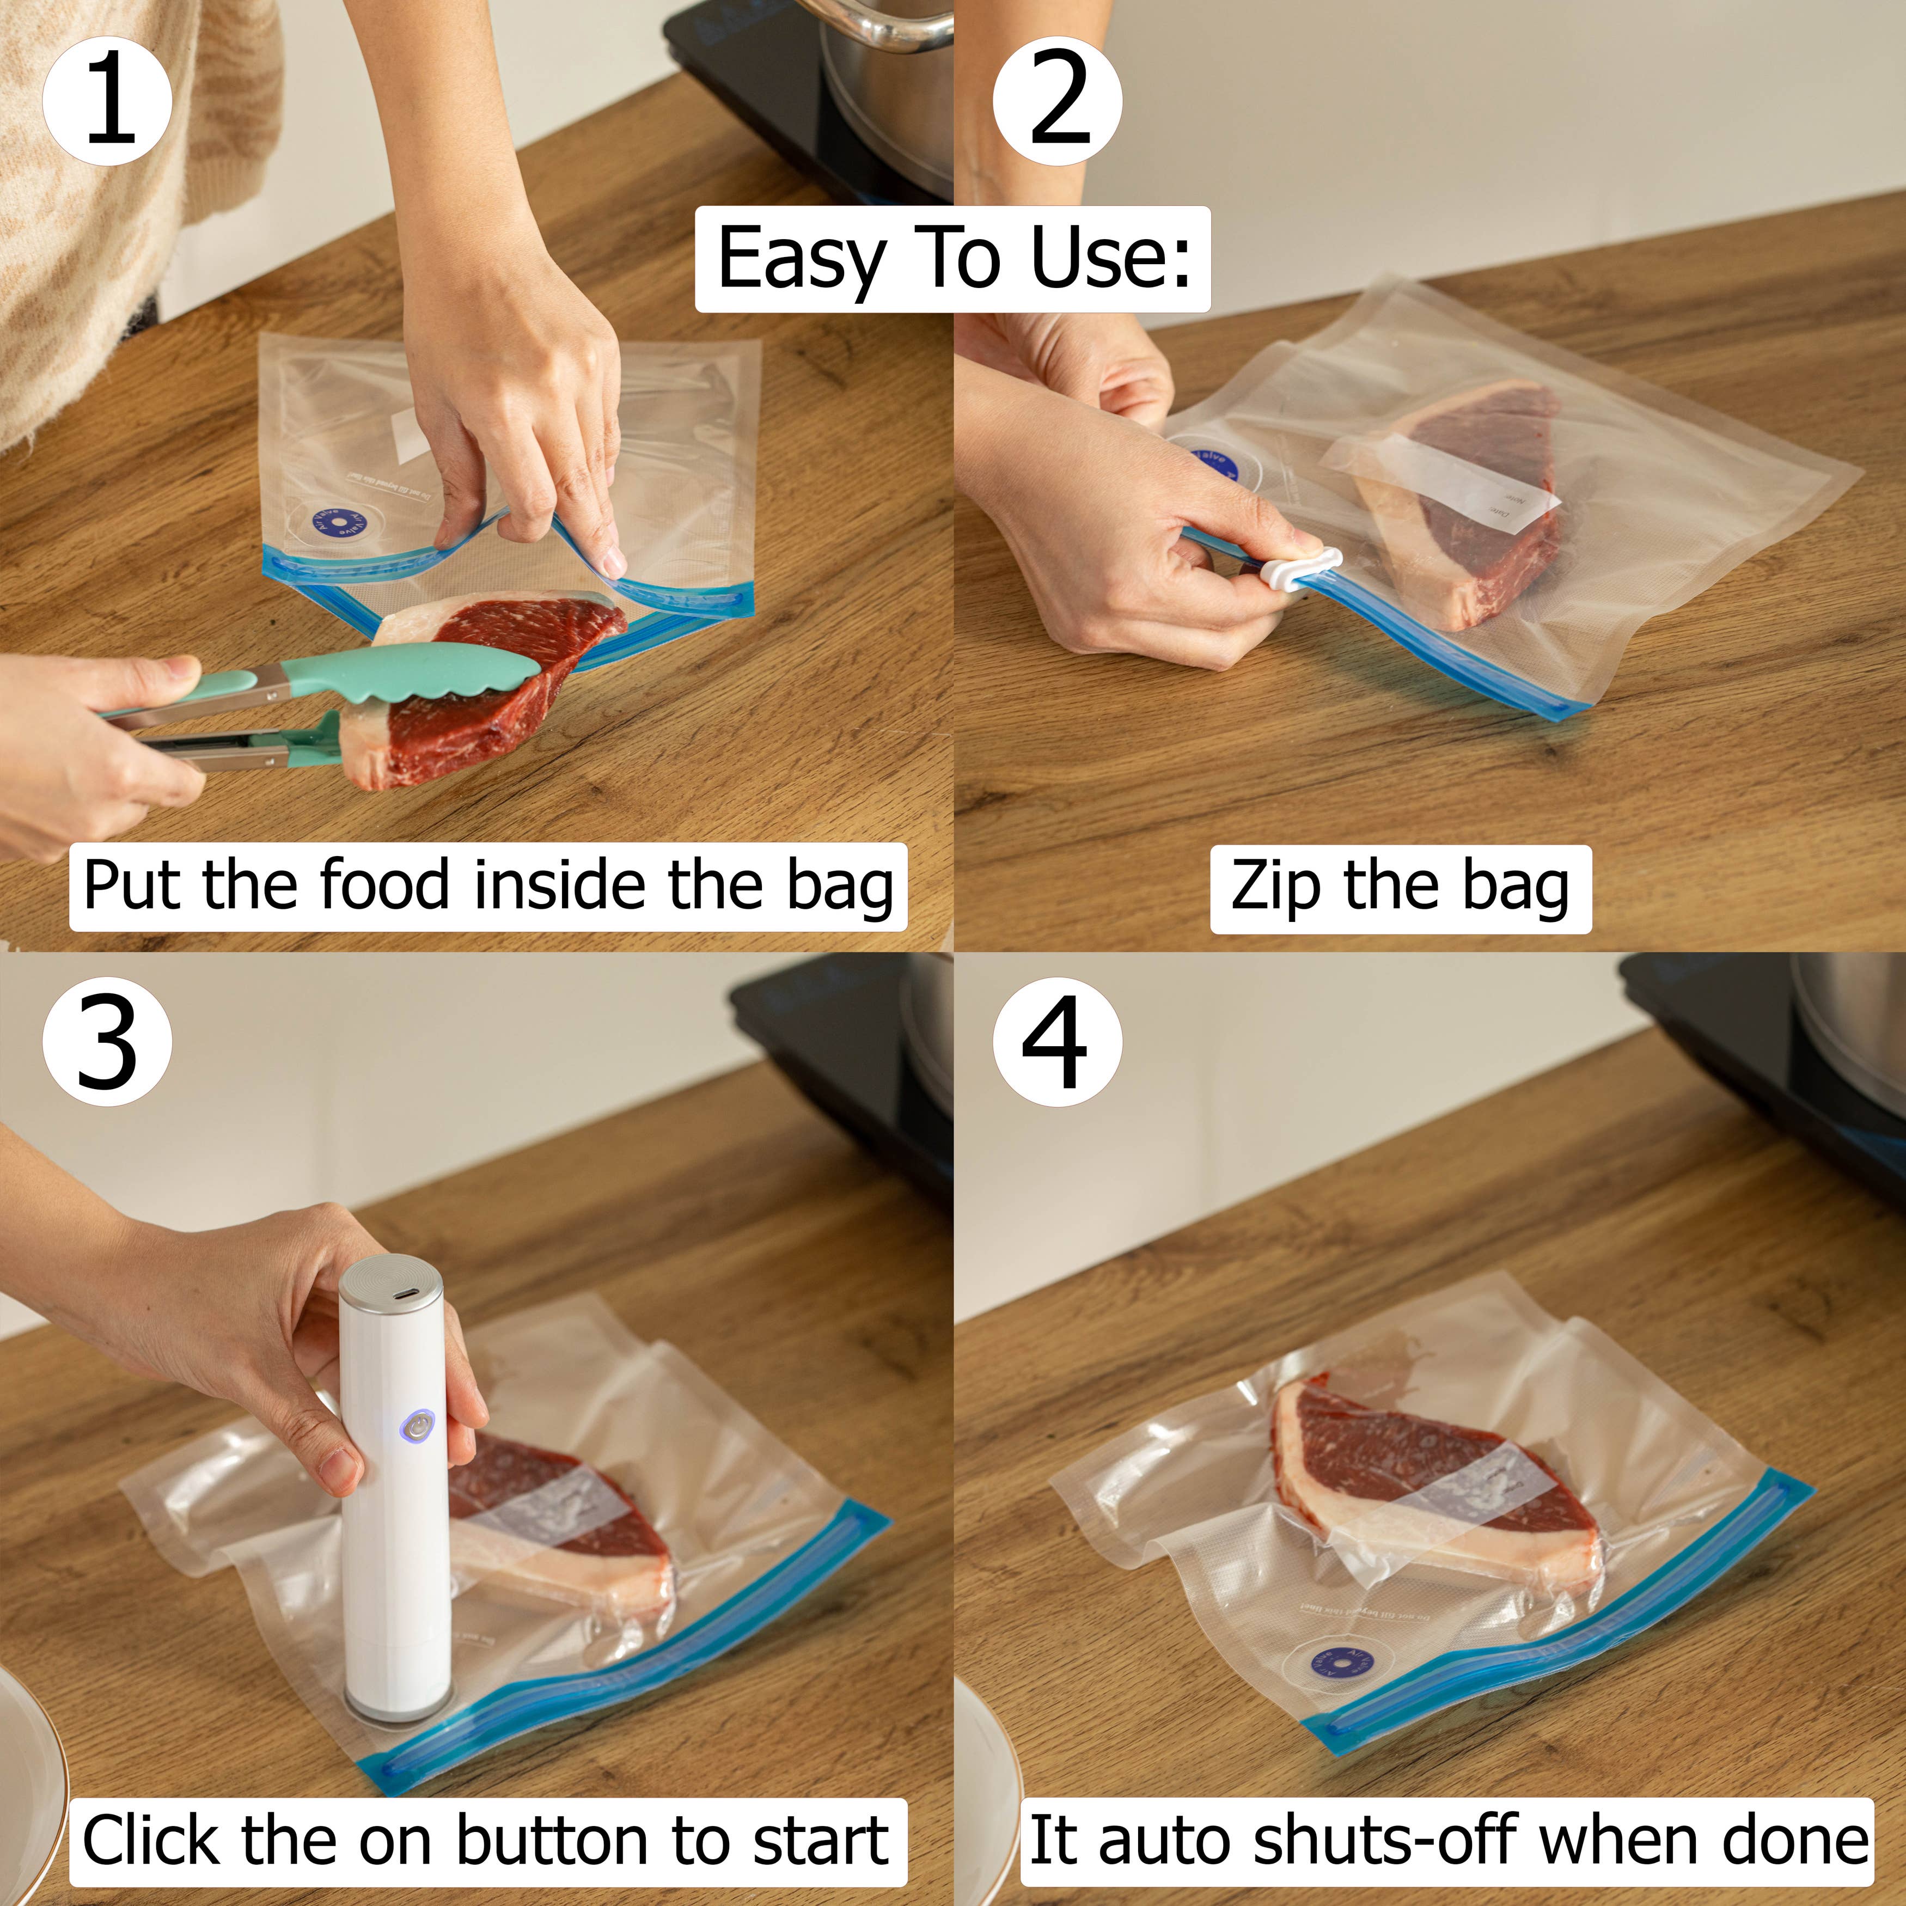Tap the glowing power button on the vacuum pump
pyautogui.click(x=417, y=1427)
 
